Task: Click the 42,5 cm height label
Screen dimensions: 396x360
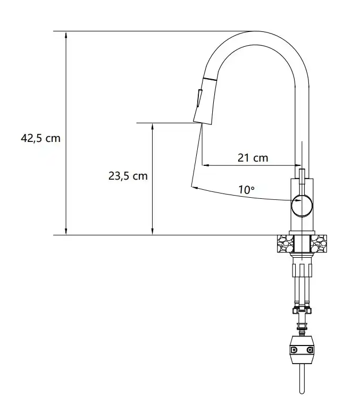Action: [40, 138]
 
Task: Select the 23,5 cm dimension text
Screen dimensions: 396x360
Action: [128, 176]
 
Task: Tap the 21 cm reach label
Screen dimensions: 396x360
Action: [253, 158]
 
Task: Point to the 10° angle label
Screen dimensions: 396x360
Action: [246, 189]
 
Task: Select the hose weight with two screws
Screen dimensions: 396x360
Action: [302, 349]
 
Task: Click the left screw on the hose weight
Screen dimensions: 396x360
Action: [293, 349]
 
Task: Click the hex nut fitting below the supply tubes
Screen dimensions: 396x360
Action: [302, 311]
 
